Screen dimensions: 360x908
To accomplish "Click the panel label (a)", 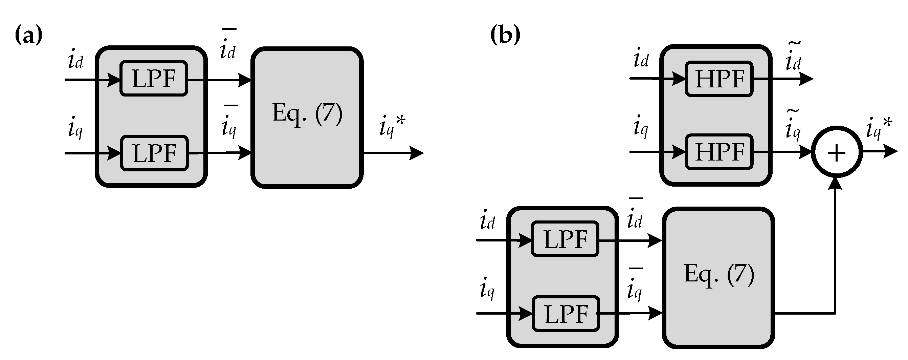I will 28,35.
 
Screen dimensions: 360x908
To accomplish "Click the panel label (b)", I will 505,35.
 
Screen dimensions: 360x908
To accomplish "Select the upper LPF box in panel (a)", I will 154,78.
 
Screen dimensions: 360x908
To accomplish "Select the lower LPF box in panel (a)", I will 154,153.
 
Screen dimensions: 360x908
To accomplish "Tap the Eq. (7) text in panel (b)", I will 719,274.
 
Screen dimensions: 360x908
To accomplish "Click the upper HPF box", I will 719,79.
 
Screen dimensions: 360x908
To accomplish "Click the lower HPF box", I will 719,152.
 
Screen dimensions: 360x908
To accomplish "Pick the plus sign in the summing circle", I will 837,153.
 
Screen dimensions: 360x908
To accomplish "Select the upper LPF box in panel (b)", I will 565,239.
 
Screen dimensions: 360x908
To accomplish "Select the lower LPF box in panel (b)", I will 566,314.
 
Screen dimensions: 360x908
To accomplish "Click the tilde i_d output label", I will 793,57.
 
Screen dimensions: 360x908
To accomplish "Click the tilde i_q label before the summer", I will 793,125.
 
